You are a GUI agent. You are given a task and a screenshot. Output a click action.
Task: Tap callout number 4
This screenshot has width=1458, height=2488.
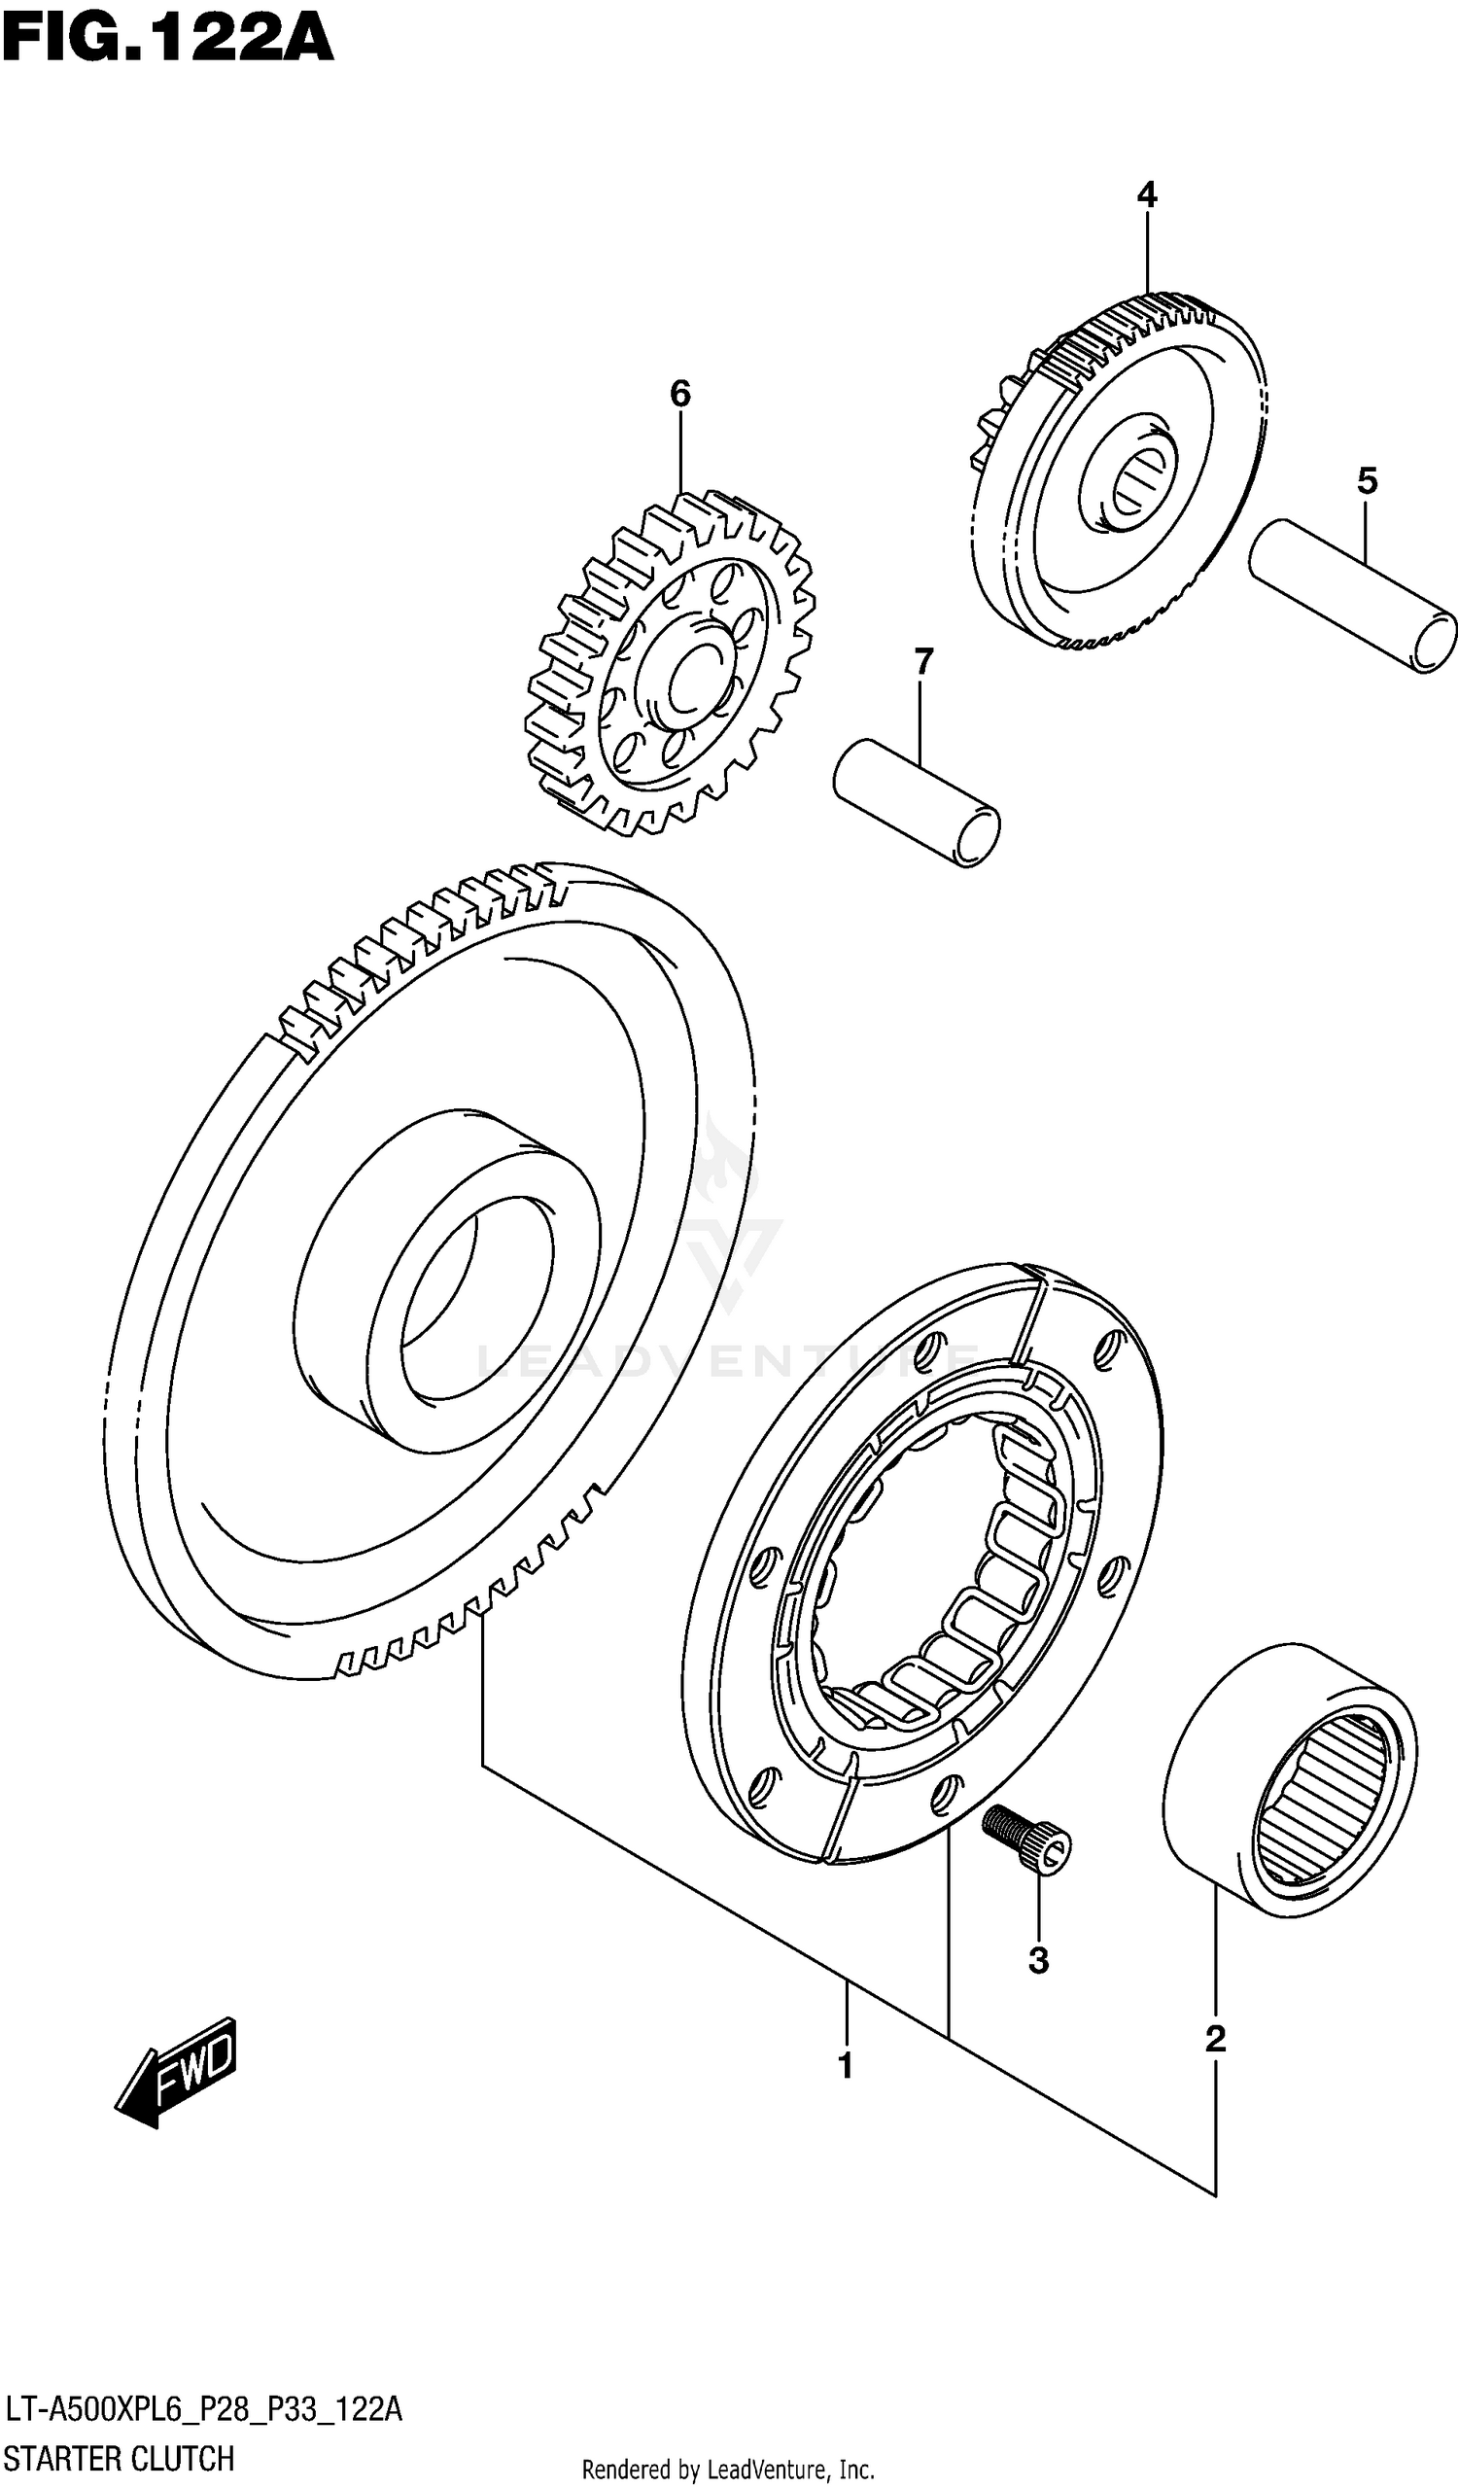[1146, 195]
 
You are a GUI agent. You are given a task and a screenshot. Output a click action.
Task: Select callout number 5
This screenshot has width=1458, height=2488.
[1367, 482]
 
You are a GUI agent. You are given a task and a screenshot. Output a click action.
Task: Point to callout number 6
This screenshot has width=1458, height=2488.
[680, 394]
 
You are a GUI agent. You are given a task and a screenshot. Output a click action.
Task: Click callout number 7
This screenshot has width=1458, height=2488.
[923, 661]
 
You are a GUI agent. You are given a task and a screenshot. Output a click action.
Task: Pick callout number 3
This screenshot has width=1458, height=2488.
[1038, 1961]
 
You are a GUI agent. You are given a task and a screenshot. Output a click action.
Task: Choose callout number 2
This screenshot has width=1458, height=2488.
[1215, 2038]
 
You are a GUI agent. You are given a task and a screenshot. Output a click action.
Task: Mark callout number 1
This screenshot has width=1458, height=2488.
[845, 2065]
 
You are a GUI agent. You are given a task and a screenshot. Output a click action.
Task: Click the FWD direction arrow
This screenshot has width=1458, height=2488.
[178, 2071]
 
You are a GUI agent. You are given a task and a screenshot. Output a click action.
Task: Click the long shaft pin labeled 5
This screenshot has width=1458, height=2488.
[1352, 596]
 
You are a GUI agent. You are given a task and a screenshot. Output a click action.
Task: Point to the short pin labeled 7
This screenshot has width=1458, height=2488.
[916, 801]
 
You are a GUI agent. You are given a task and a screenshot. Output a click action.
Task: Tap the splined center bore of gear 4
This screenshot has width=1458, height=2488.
[1135, 483]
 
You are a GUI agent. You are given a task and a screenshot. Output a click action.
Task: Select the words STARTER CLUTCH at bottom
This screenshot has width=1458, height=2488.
[120, 2459]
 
